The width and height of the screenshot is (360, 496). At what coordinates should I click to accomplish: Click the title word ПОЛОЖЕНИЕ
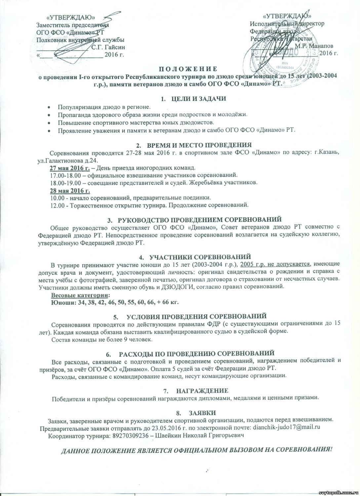[x=187, y=69]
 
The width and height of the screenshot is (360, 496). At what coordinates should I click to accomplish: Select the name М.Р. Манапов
[x=314, y=46]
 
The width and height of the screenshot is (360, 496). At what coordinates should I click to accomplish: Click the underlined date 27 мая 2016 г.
[x=70, y=167]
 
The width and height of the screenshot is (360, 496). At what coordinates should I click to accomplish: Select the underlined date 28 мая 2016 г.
[x=70, y=191]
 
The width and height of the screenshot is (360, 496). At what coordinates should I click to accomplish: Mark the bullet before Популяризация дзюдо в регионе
[x=49, y=107]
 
